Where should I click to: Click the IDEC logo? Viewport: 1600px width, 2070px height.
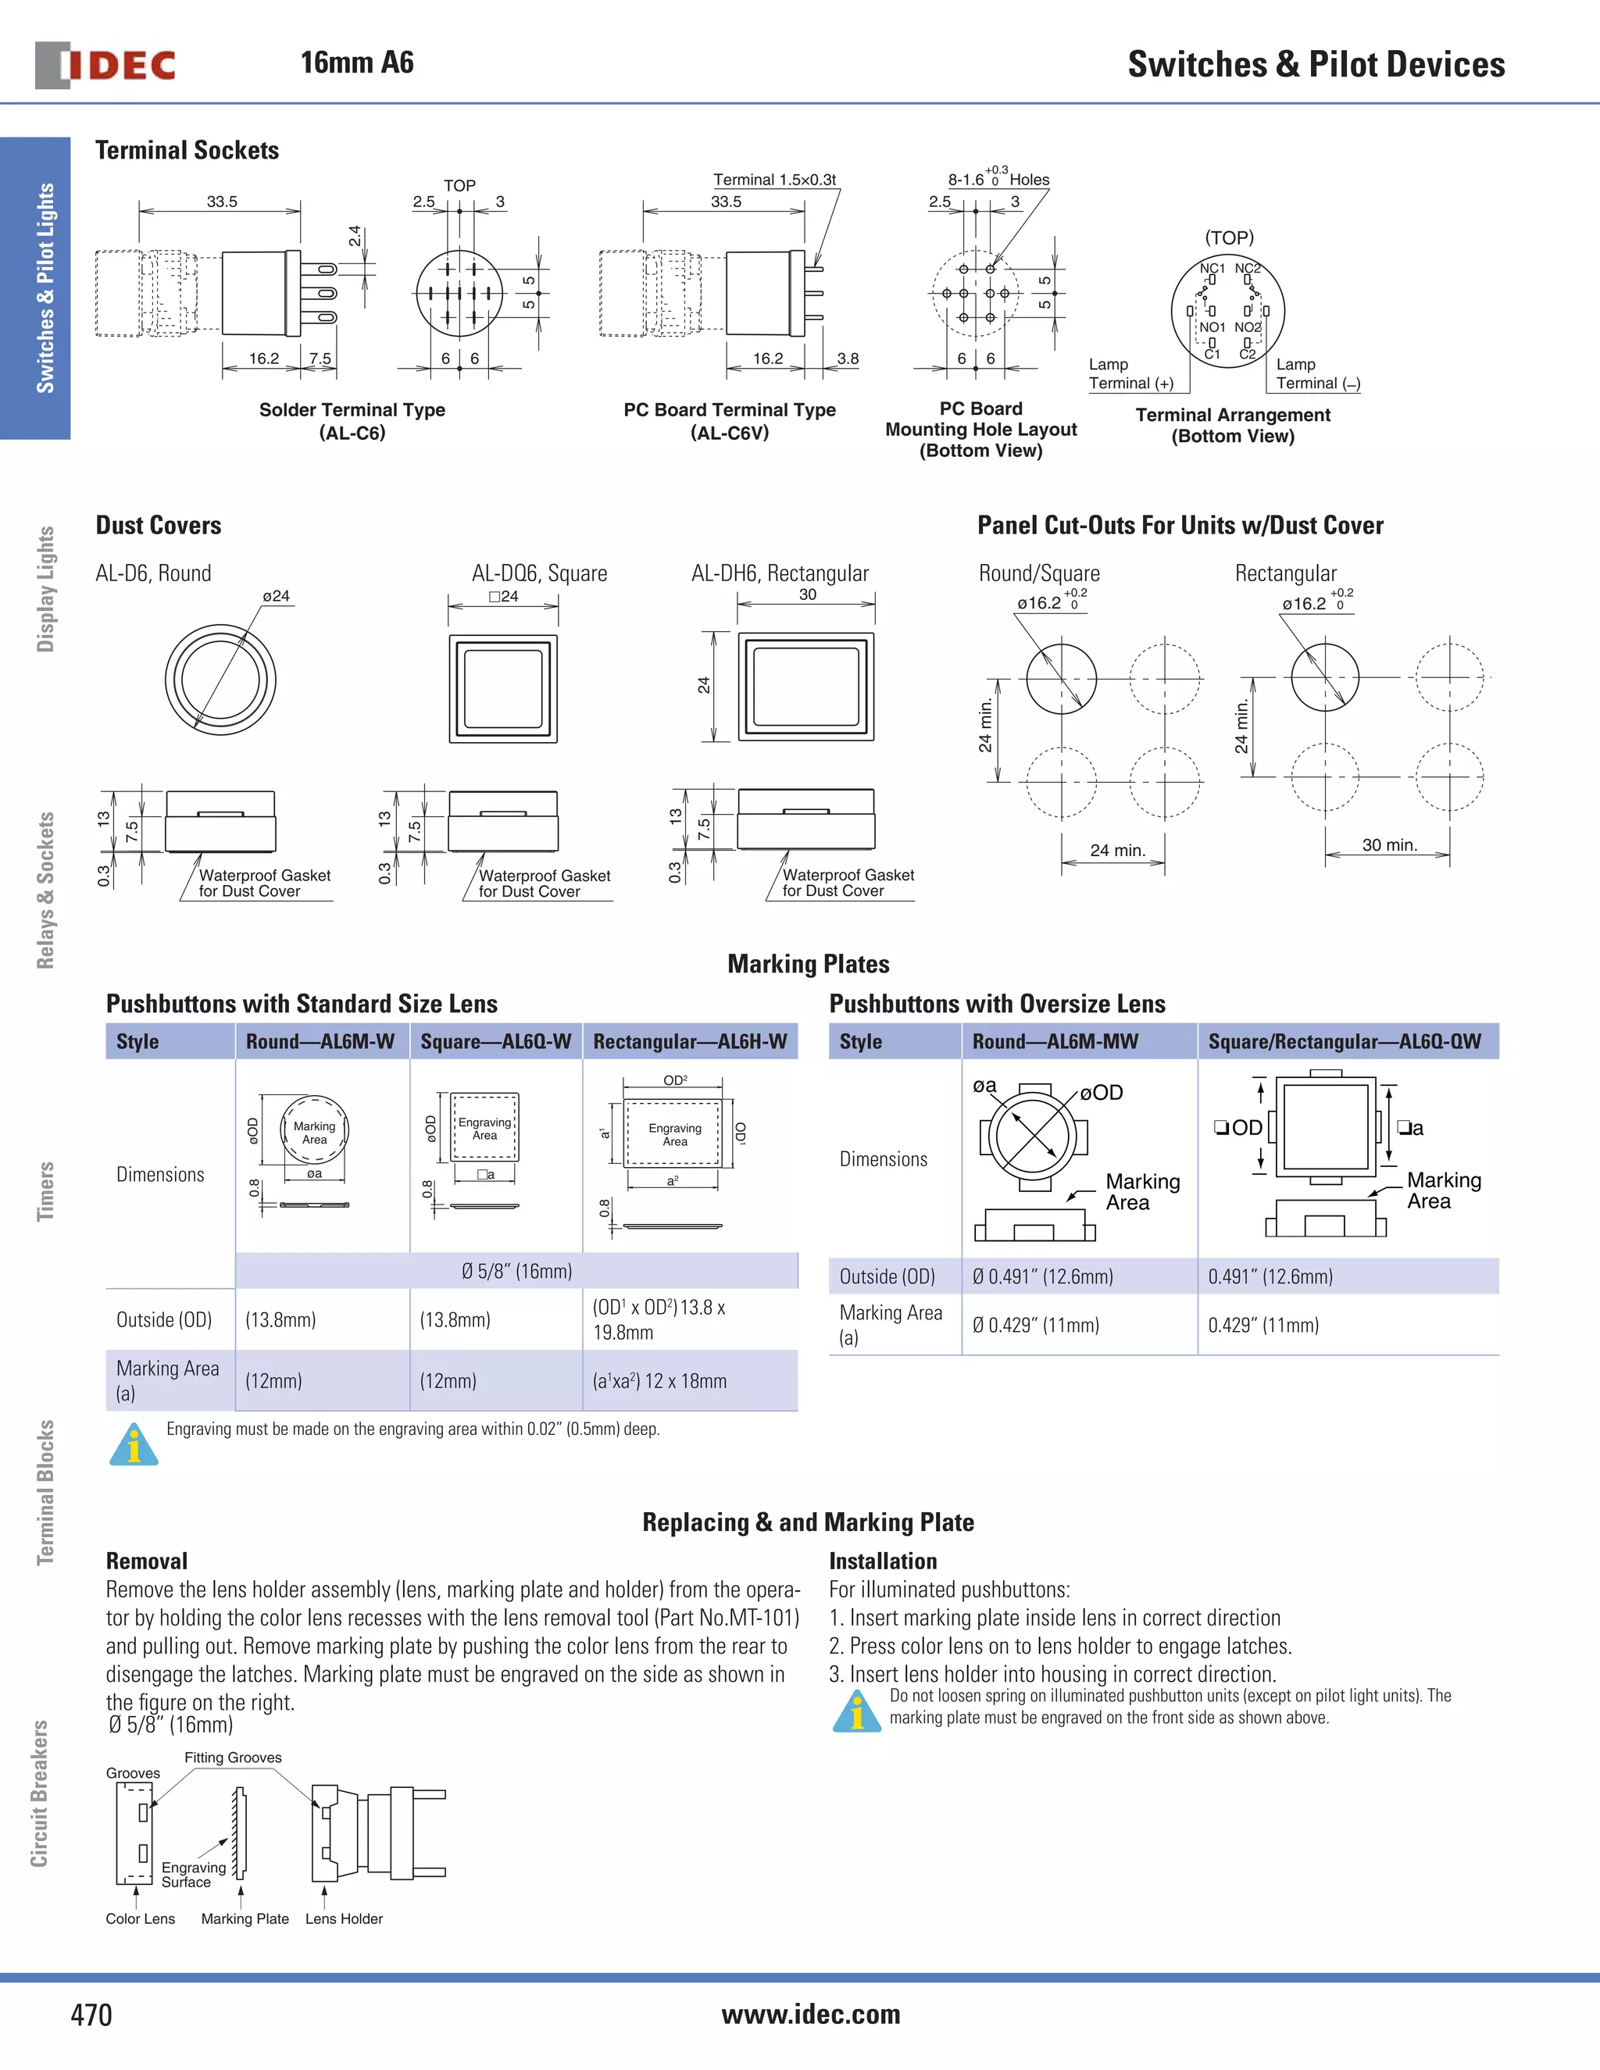(105, 65)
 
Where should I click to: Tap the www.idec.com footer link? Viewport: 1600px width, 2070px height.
(810, 2013)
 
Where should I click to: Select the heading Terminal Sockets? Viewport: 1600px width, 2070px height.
(187, 150)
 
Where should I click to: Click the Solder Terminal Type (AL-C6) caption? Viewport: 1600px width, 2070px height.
(352, 421)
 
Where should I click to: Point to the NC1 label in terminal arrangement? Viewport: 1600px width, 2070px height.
(1212, 268)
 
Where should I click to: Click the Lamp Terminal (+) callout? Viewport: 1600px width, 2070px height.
(1130, 373)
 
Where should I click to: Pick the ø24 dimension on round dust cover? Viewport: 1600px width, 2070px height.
(276, 596)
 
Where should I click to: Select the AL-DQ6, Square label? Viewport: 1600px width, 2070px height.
(538, 573)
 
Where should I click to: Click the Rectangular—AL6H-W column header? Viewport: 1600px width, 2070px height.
(689, 1040)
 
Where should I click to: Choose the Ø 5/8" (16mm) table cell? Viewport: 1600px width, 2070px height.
(516, 1271)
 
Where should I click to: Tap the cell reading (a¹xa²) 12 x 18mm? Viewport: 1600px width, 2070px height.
(659, 1381)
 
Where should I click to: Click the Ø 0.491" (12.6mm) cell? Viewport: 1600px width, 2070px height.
(1043, 1276)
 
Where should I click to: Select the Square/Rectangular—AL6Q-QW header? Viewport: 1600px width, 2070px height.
(1343, 1040)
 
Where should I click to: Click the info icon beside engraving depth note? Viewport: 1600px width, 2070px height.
(134, 1444)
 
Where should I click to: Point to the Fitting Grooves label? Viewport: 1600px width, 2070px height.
(232, 1758)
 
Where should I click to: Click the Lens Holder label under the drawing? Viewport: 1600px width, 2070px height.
(343, 1918)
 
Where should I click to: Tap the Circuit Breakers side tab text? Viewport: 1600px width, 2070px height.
(40, 1793)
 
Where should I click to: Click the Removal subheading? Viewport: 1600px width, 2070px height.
(146, 1561)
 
